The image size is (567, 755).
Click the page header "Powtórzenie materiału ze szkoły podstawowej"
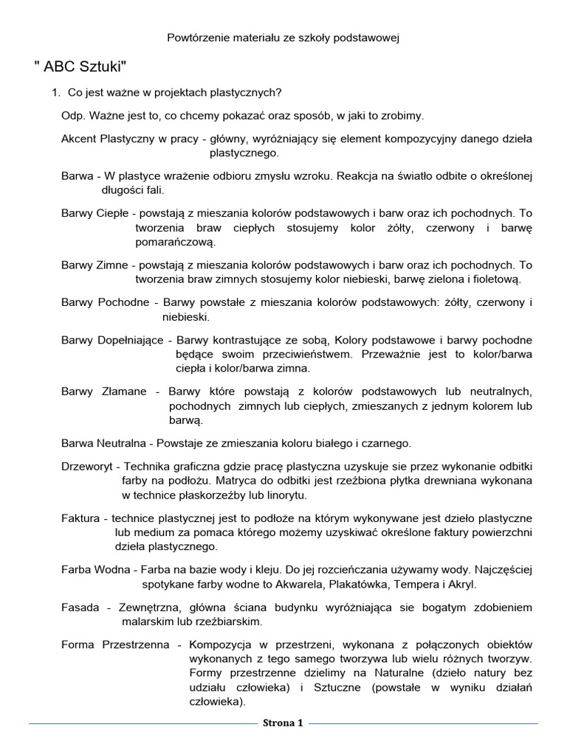coord(283,36)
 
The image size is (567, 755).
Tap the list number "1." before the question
coord(55,93)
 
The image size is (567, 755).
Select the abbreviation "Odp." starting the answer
coord(73,116)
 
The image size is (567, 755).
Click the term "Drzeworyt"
coord(89,467)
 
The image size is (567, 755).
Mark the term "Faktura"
coord(81,518)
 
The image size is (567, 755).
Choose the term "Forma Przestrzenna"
coord(115,645)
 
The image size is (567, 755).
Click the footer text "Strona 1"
coord(283,723)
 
